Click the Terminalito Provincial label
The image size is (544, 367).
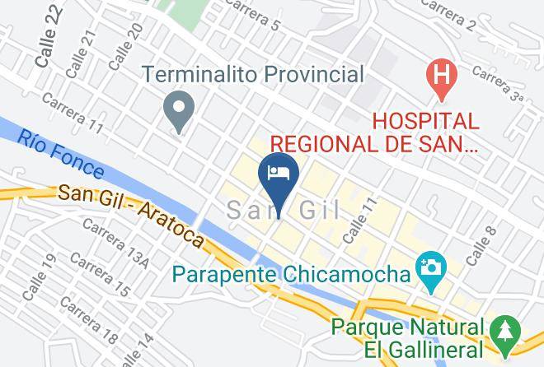coord(252,75)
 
